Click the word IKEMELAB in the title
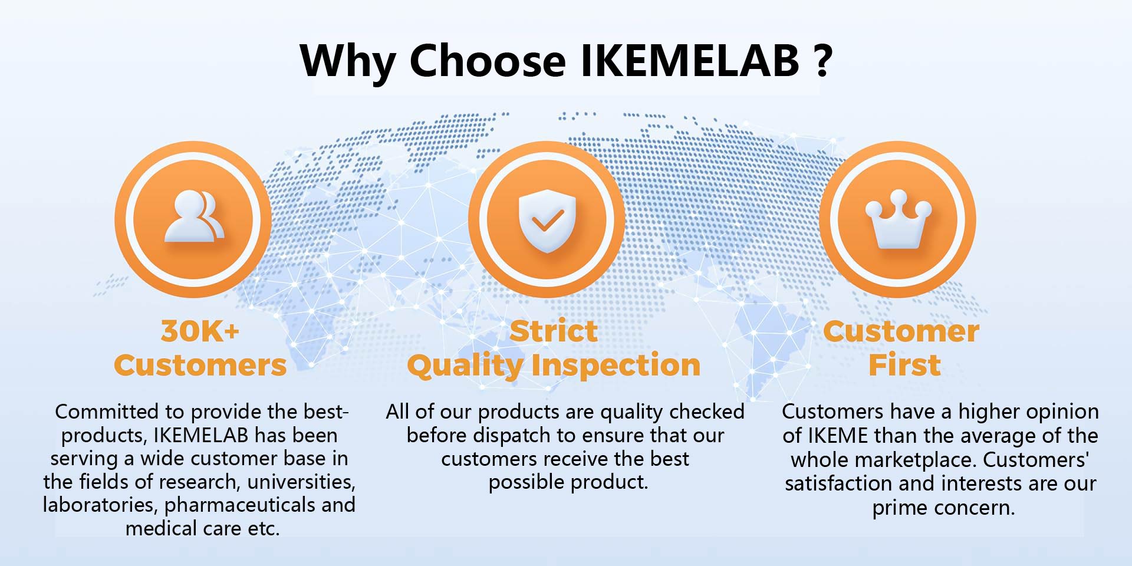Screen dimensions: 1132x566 coord(690,60)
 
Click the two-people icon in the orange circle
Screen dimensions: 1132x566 coord(194,216)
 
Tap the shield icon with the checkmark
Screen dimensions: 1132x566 coord(547,220)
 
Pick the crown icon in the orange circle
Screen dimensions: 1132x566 coord(898,219)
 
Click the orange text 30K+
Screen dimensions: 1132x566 coord(200,331)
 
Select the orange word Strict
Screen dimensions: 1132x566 coord(554,331)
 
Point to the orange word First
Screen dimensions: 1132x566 coord(904,365)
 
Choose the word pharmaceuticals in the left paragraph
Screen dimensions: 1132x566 coord(240,505)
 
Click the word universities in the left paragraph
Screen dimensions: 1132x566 coord(301,482)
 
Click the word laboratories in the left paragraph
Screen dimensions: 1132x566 coord(100,505)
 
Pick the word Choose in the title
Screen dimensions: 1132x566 coord(488,60)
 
